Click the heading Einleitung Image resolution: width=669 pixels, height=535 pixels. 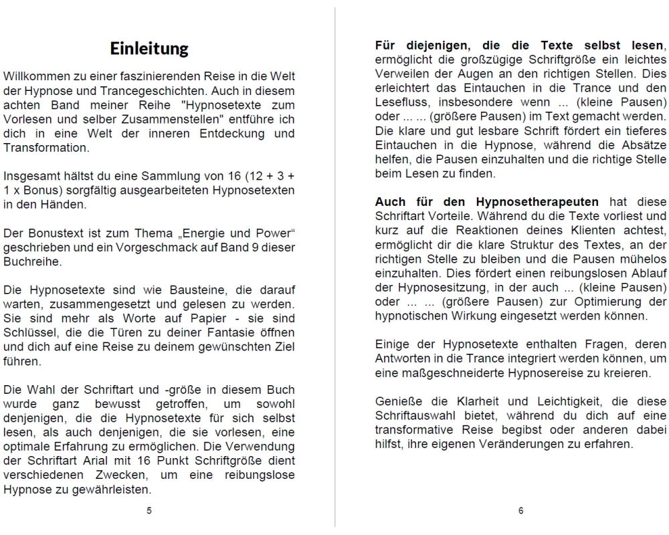149,49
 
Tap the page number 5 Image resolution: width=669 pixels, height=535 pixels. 149,511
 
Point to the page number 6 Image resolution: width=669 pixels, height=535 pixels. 520,511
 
